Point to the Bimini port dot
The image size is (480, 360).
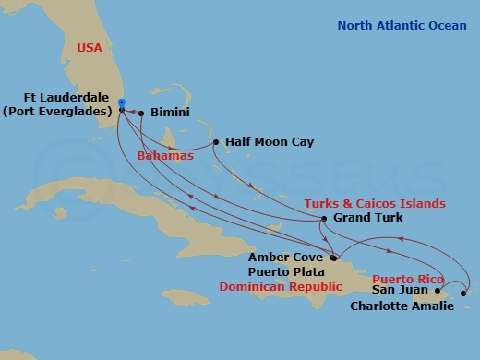(141, 113)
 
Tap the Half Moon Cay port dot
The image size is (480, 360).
(216, 142)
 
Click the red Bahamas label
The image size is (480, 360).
(165, 156)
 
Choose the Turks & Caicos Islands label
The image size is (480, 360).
(375, 203)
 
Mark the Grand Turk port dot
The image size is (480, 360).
(323, 219)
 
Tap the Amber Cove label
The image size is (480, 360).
(286, 258)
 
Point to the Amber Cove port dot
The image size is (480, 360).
(333, 258)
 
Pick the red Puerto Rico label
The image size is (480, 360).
(407, 278)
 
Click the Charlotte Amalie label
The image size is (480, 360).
(402, 306)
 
